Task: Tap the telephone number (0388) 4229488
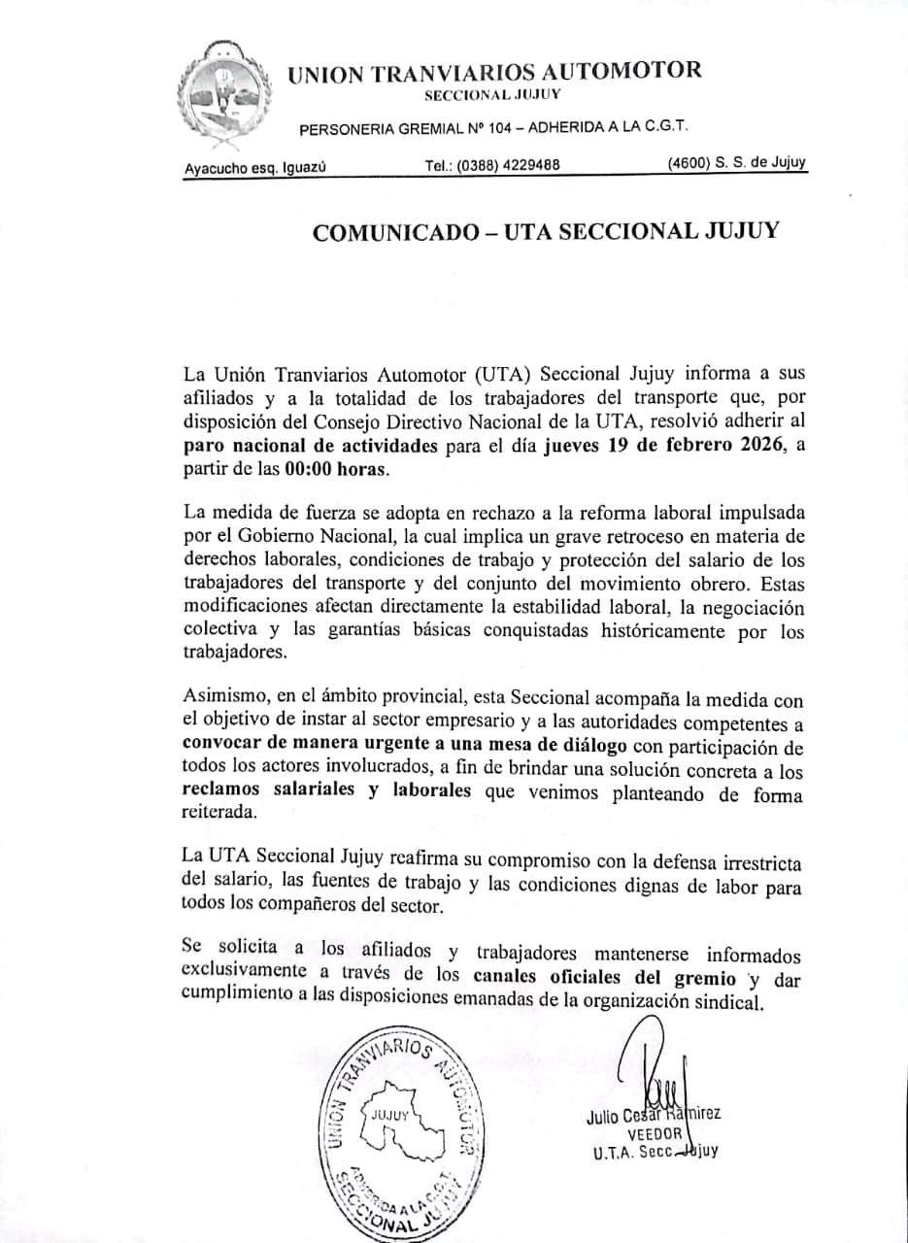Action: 492,165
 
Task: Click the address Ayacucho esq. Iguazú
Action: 255,167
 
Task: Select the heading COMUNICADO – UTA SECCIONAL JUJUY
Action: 545,232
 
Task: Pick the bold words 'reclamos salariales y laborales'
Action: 326,790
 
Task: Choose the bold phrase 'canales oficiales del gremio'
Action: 608,979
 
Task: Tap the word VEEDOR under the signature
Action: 655,1133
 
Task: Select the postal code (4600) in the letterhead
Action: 688,162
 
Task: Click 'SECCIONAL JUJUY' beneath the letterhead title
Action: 492,94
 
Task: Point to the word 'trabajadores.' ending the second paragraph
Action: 236,653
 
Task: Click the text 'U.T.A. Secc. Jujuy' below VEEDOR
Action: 656,1152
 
